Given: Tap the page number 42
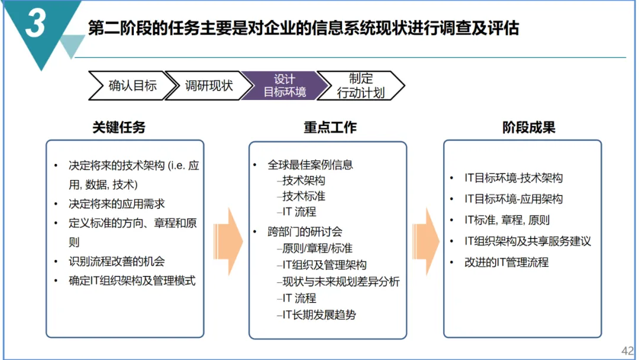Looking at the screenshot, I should tap(627, 350).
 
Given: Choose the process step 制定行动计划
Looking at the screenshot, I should tap(360, 86).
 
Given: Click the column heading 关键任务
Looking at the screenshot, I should tap(119, 127).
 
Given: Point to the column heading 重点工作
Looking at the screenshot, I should tap(330, 127).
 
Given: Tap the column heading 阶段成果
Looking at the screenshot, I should tap(528, 127).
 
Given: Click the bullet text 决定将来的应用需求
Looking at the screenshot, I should tap(117, 204).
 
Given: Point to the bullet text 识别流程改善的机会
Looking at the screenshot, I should tap(117, 261).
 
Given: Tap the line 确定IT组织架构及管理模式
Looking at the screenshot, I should tap(132, 281).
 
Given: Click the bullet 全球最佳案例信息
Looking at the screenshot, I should tap(310, 165).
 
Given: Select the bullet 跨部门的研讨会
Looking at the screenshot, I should tap(305, 232).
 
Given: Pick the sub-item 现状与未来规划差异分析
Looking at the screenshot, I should tap(341, 281).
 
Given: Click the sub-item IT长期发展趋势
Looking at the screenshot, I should tap(319, 315).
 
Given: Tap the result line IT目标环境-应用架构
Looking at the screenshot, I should tap(514, 199).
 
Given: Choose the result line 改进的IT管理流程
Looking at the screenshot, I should tap(506, 262).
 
